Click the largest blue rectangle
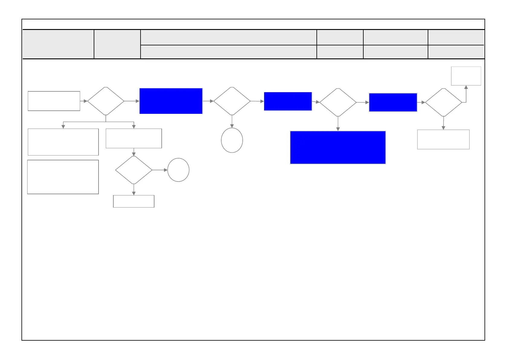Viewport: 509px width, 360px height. click(x=338, y=147)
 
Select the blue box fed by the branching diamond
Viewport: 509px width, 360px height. click(x=171, y=101)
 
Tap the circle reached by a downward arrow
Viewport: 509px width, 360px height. click(x=232, y=140)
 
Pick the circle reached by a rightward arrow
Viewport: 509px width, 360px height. click(x=178, y=170)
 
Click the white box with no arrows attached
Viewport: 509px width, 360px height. click(x=63, y=177)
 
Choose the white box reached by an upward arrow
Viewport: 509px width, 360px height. click(x=466, y=76)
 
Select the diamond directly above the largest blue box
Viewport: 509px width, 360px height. click(x=338, y=103)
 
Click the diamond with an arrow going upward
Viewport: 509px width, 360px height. click(x=443, y=103)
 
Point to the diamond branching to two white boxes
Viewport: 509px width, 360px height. click(x=105, y=101)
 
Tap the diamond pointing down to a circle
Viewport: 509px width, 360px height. click(x=232, y=101)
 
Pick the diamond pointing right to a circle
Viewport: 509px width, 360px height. click(x=134, y=170)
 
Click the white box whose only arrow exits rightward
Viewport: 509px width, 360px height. click(x=54, y=101)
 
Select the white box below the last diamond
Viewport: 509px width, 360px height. click(x=443, y=139)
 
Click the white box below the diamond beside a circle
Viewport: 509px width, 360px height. click(x=134, y=201)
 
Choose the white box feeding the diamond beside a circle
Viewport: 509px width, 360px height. click(x=134, y=139)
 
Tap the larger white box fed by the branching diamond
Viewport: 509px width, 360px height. click(x=63, y=142)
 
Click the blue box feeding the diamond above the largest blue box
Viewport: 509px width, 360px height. click(x=288, y=101)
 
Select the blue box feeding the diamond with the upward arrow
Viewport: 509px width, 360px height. click(x=393, y=103)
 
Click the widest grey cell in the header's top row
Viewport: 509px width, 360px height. click(x=229, y=38)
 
